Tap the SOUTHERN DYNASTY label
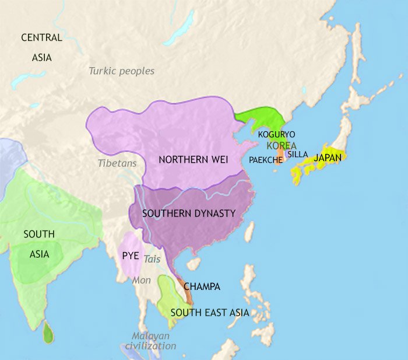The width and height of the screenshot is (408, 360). click(189, 214)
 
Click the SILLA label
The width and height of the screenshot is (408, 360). click(297, 154)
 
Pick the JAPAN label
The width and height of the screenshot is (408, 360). click(328, 158)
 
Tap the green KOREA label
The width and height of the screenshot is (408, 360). click(282, 145)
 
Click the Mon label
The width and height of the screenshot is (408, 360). click(142, 280)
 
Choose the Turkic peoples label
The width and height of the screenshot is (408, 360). click(122, 71)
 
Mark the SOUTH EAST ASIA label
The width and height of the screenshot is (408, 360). click(210, 313)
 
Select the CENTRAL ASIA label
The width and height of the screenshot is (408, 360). click(41, 47)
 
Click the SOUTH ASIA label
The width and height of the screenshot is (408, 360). click(39, 244)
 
